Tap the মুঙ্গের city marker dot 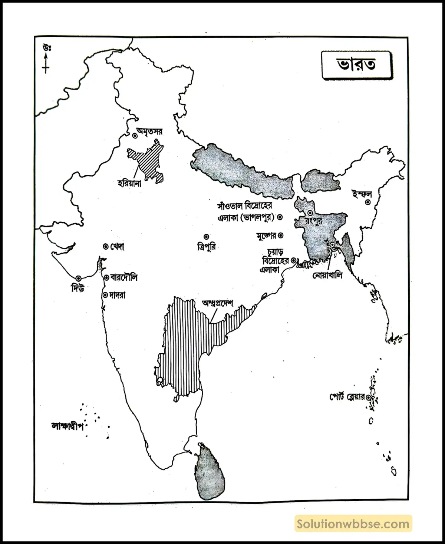281,235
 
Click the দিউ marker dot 78,278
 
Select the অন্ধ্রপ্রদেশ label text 217,303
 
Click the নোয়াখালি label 327,275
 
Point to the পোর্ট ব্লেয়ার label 347,397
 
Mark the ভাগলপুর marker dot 281,217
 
